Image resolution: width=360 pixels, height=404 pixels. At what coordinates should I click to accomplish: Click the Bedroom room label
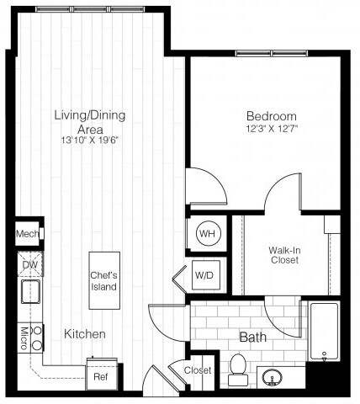pyautogui.click(x=271, y=115)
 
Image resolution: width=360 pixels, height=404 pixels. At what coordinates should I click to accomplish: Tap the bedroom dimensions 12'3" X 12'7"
pyautogui.click(x=271, y=128)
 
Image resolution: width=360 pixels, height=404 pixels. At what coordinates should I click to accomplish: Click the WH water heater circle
pyautogui.click(x=205, y=233)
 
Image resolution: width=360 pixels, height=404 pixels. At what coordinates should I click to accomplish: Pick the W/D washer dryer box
pyautogui.click(x=204, y=274)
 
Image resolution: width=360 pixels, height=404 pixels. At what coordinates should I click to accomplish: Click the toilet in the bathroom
pyautogui.click(x=237, y=369)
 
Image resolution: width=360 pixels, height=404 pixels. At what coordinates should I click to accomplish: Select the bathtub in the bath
pyautogui.click(x=324, y=335)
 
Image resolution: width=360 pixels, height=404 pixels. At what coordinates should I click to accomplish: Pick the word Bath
pyautogui.click(x=252, y=338)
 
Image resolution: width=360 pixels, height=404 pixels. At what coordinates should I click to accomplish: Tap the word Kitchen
pyautogui.click(x=85, y=334)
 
